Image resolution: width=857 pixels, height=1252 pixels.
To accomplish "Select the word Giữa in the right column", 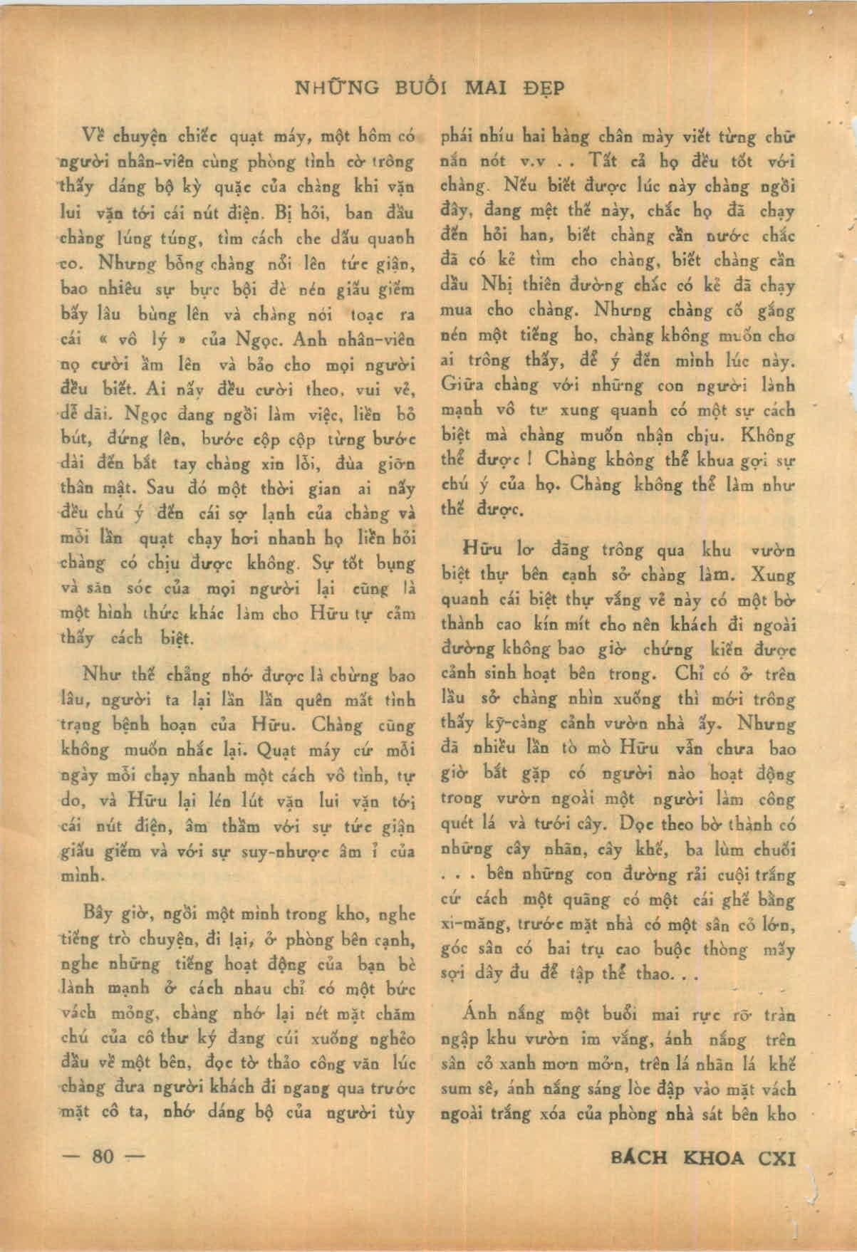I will coord(462,385).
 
